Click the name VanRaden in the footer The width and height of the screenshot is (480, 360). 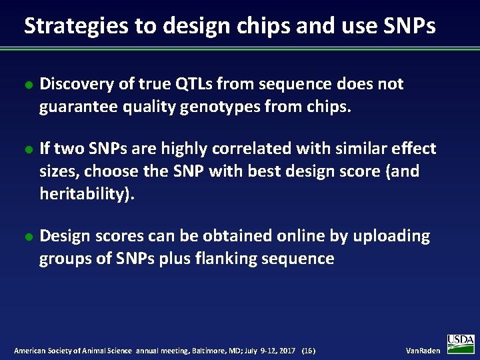(x=423, y=351)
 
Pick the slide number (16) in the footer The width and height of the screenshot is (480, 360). (x=309, y=351)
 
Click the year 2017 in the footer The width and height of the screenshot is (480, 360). (x=287, y=351)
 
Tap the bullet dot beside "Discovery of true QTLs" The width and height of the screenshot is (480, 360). (x=27, y=85)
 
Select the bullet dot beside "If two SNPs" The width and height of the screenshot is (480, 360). (x=27, y=149)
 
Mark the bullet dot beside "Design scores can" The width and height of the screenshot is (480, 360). (x=27, y=237)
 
